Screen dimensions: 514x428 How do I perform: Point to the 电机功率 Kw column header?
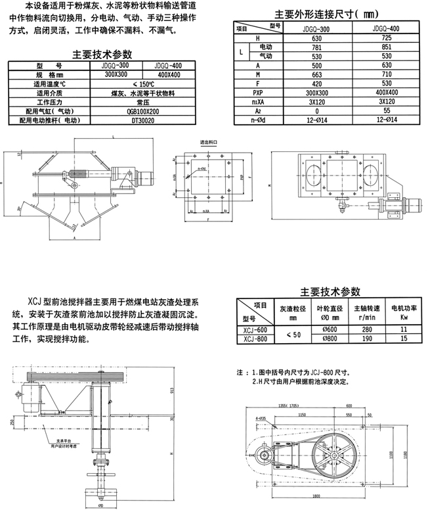[x=402, y=311]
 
